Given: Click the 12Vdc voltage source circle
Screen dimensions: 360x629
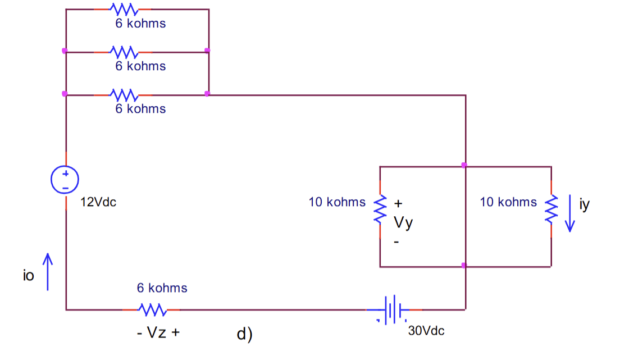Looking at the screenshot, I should (x=65, y=180).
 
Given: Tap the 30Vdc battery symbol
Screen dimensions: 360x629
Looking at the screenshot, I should (x=393, y=309).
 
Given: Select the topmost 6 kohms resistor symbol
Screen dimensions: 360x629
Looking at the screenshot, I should (x=123, y=10).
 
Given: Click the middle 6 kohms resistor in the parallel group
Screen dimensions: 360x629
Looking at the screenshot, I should (x=123, y=52).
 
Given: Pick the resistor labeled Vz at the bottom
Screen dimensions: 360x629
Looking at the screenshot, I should (x=151, y=309).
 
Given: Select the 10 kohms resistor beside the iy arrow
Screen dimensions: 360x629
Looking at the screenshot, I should (x=551, y=209).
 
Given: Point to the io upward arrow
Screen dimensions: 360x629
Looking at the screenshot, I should (x=48, y=272).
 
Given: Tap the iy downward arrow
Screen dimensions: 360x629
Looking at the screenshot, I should (x=570, y=213).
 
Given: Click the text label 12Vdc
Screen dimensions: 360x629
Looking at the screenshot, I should (x=98, y=203).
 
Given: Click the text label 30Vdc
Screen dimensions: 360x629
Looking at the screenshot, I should (x=426, y=331).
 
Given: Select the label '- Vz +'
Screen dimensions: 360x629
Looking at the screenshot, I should (x=158, y=332).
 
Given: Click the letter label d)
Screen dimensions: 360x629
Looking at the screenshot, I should (x=244, y=335).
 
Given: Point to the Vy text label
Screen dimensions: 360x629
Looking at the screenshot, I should (x=403, y=223).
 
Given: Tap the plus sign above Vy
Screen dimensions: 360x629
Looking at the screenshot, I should (x=399, y=203).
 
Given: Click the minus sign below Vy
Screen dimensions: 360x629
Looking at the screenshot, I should (x=396, y=243).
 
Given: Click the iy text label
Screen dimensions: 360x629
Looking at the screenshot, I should (x=585, y=204).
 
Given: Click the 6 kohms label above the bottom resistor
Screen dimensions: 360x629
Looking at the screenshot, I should (x=162, y=288).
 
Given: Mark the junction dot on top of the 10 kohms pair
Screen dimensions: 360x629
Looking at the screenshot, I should (x=464, y=165).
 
